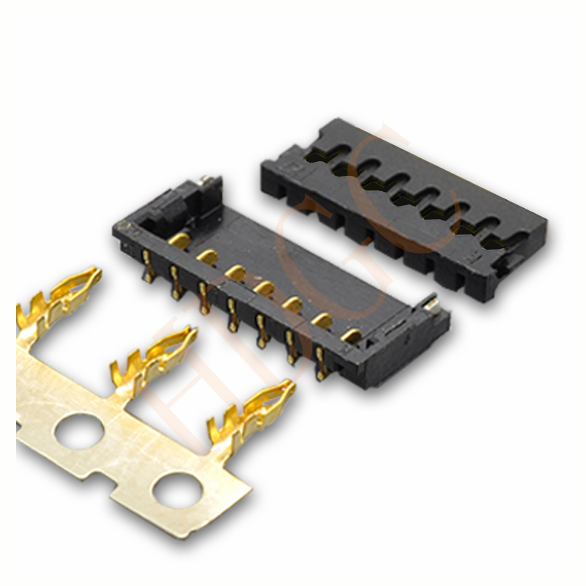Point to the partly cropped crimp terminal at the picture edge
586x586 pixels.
tap(59, 297)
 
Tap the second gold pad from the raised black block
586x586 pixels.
tap(207, 256)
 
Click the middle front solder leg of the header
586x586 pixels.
tap(232, 314)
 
